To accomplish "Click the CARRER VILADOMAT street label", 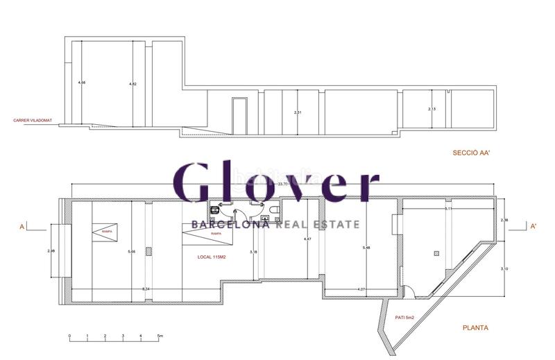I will (x=33, y=120).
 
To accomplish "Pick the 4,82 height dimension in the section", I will (x=133, y=84).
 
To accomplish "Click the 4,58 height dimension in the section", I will (x=82, y=83).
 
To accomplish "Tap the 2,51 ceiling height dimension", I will (x=298, y=112).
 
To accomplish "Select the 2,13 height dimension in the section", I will (x=432, y=109).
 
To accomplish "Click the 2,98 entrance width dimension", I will (x=51, y=250).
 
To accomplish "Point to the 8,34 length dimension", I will (x=145, y=288).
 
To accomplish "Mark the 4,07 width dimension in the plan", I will (x=361, y=289).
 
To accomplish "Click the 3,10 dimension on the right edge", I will (x=504, y=268).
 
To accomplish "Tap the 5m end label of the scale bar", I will (x=160, y=336).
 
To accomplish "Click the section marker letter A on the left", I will (x=22, y=226).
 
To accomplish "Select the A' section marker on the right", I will (x=532, y=226).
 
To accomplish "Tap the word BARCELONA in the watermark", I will (x=230, y=224).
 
